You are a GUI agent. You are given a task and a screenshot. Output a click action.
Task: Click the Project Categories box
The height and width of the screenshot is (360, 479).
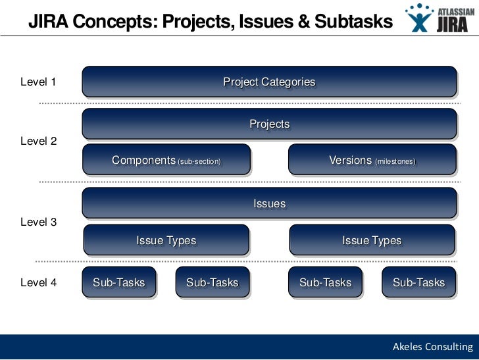pyautogui.click(x=269, y=82)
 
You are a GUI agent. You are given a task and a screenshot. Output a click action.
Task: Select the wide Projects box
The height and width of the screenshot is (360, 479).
pyautogui.click(x=269, y=124)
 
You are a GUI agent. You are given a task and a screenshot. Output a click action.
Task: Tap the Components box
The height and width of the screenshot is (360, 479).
pyautogui.click(x=166, y=160)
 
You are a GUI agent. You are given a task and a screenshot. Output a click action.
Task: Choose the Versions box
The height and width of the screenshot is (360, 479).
pyautogui.click(x=372, y=160)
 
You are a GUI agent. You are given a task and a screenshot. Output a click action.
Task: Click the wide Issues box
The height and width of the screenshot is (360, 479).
pyautogui.click(x=269, y=203)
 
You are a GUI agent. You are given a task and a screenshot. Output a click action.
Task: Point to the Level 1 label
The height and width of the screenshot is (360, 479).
pyautogui.click(x=38, y=82)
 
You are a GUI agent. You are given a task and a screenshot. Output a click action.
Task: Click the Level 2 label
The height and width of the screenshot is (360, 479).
pyautogui.click(x=38, y=141)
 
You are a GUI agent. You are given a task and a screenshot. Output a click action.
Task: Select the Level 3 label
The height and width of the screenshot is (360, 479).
pyautogui.click(x=38, y=222)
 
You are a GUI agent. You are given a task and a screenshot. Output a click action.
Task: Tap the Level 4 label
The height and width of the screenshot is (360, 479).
pyautogui.click(x=38, y=283)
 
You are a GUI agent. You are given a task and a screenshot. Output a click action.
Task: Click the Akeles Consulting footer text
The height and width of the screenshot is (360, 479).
pyautogui.click(x=432, y=347)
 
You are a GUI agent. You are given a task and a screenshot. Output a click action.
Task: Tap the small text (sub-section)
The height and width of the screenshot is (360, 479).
pyautogui.click(x=199, y=161)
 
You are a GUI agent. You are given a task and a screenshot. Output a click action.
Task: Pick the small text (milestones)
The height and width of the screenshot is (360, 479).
pyautogui.click(x=395, y=161)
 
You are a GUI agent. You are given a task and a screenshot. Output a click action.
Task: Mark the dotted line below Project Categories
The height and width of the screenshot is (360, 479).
pyautogui.click(x=250, y=104)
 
